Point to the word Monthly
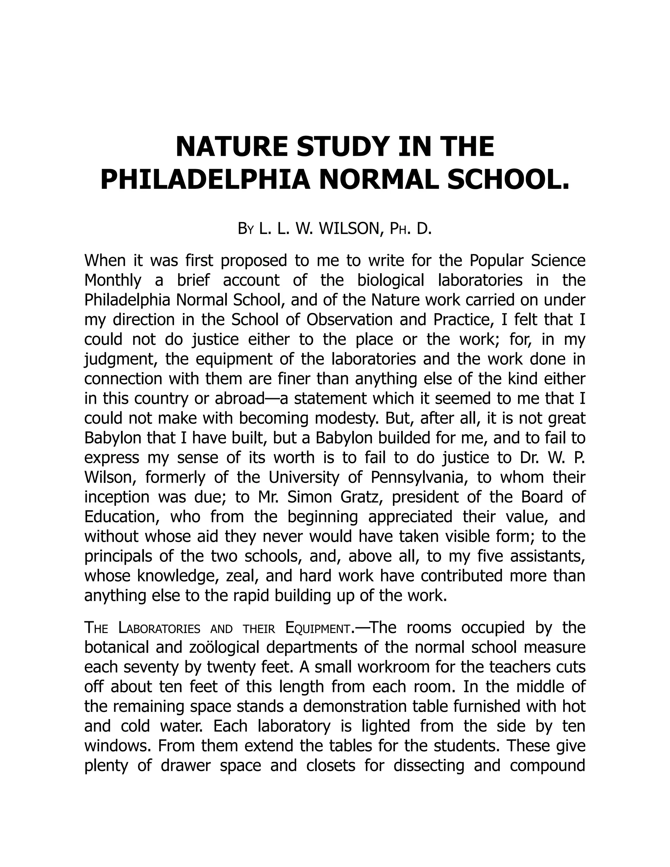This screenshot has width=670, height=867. [113, 281]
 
